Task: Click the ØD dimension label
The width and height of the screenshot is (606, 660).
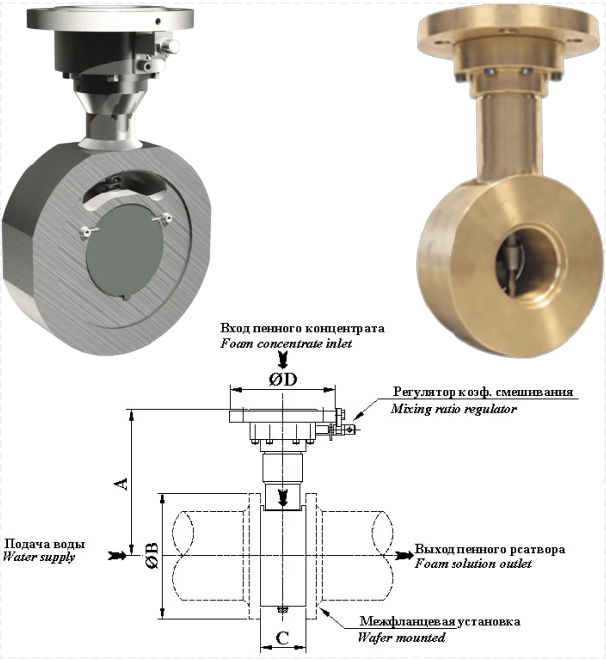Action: [283, 379]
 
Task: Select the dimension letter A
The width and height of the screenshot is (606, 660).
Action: [122, 483]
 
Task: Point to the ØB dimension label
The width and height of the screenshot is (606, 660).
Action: [151, 556]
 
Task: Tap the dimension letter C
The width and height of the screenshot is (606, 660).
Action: [283, 638]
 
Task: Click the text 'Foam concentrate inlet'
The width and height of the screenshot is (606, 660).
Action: [286, 344]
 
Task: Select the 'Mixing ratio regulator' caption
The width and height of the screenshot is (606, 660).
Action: [454, 409]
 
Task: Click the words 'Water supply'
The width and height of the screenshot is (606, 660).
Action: [39, 557]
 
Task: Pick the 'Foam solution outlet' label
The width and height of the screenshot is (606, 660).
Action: [473, 563]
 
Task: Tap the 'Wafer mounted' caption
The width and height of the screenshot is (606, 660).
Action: [401, 637]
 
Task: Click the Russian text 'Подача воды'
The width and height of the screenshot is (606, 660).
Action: [44, 544]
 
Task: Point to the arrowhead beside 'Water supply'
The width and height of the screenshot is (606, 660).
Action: [117, 555]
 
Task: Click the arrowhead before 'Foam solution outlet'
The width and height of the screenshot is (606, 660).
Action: [404, 555]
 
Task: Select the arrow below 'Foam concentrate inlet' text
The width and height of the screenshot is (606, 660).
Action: [283, 360]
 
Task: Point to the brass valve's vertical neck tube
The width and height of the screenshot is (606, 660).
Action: [509, 134]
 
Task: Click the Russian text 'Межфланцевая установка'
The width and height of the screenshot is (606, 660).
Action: [440, 622]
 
